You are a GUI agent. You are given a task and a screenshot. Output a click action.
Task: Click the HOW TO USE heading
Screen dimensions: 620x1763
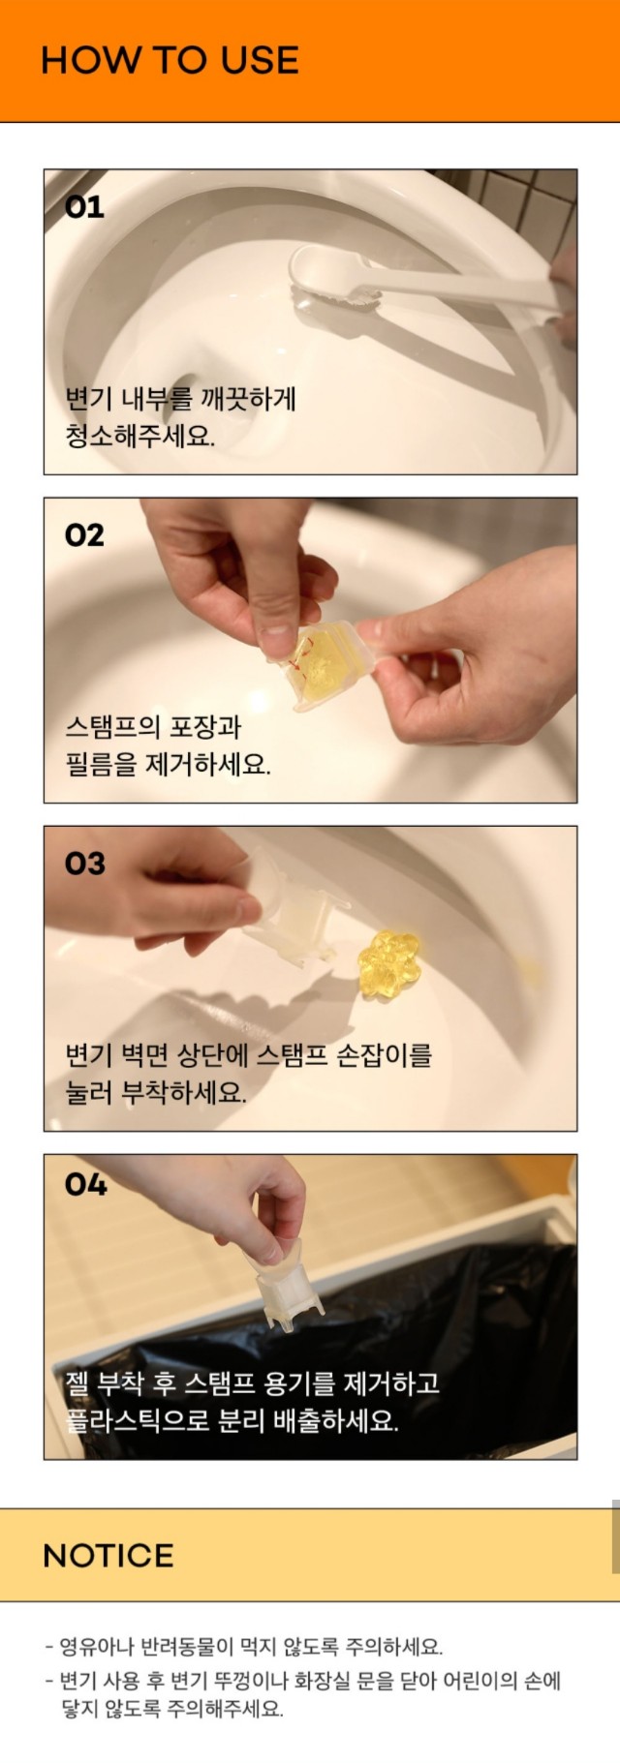click(x=170, y=60)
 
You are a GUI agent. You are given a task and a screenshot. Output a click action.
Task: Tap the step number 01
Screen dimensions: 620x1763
click(x=84, y=207)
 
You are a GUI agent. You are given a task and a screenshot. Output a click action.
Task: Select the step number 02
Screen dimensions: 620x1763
click(x=84, y=535)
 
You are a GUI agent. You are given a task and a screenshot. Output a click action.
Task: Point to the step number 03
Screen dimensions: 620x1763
click(x=84, y=864)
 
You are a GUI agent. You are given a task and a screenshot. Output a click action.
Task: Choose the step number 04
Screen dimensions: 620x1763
click(x=85, y=1184)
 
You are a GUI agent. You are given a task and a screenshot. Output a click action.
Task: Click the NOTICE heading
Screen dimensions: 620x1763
click(x=108, y=1555)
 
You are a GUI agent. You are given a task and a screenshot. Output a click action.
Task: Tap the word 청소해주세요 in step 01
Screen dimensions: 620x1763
click(x=140, y=436)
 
